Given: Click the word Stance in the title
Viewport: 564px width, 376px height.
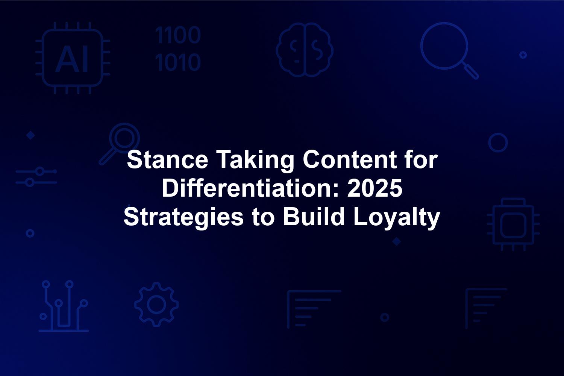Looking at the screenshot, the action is [167, 159].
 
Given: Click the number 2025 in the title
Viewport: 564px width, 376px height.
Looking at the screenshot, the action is [374, 188].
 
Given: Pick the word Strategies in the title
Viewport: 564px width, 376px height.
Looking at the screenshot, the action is [183, 218].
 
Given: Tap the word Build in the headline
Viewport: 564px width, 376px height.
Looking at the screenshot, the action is [313, 216].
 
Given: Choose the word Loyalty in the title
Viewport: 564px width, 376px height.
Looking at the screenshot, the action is [396, 218].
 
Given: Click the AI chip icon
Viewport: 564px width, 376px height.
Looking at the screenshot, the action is [73, 58].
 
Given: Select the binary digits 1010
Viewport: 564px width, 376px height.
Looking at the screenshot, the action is [178, 62].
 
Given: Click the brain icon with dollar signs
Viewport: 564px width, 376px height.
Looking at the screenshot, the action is [305, 50].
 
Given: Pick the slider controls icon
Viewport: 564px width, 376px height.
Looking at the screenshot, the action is [36, 177].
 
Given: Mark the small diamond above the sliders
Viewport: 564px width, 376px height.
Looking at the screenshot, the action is [31, 135].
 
